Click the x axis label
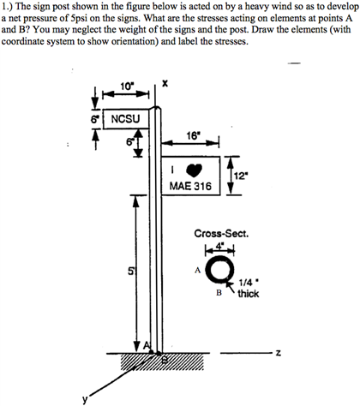pyautogui.click(x=163, y=82)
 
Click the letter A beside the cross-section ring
pyautogui.click(x=196, y=267)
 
